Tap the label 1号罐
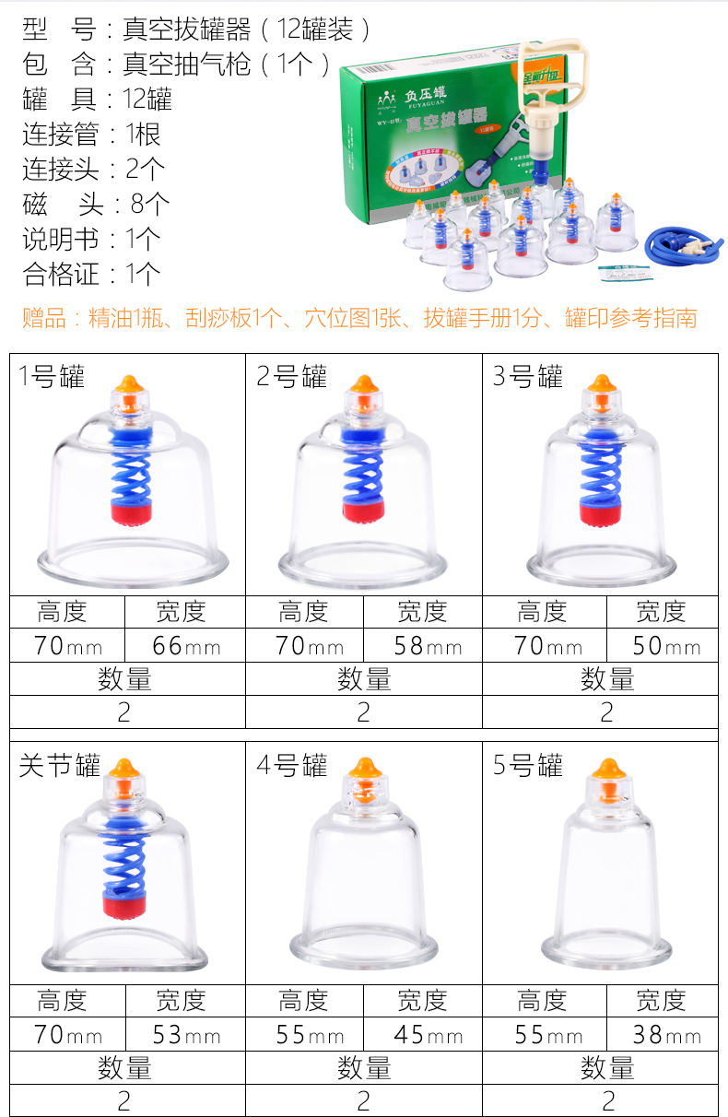[x=52, y=377]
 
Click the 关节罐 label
[x=59, y=766]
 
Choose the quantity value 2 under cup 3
[x=605, y=711]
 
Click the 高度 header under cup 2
[x=303, y=611]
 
